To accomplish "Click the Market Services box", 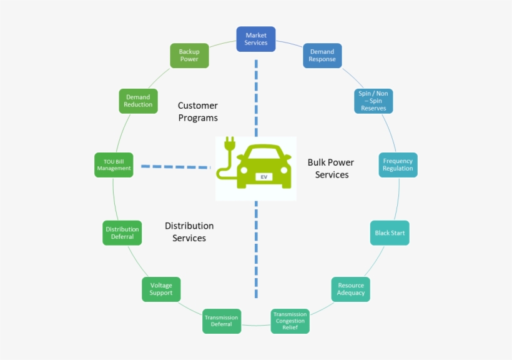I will (256, 39).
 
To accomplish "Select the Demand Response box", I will (322, 56).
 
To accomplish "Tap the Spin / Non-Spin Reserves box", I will (373, 101).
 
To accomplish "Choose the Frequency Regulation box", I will (398, 164).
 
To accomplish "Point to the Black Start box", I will (390, 233).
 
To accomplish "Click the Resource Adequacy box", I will (350, 289).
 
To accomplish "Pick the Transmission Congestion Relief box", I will (290, 321).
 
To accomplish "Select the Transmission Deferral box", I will (221, 321).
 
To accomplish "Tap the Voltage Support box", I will (161, 289).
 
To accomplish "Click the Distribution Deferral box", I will (122, 233).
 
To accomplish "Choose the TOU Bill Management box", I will (114, 165).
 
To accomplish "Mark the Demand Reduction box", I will (138, 101).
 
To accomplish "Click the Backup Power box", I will (189, 56).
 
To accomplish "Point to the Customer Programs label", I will (198, 112).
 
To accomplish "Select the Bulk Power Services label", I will (331, 169).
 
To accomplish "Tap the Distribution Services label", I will (189, 232).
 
